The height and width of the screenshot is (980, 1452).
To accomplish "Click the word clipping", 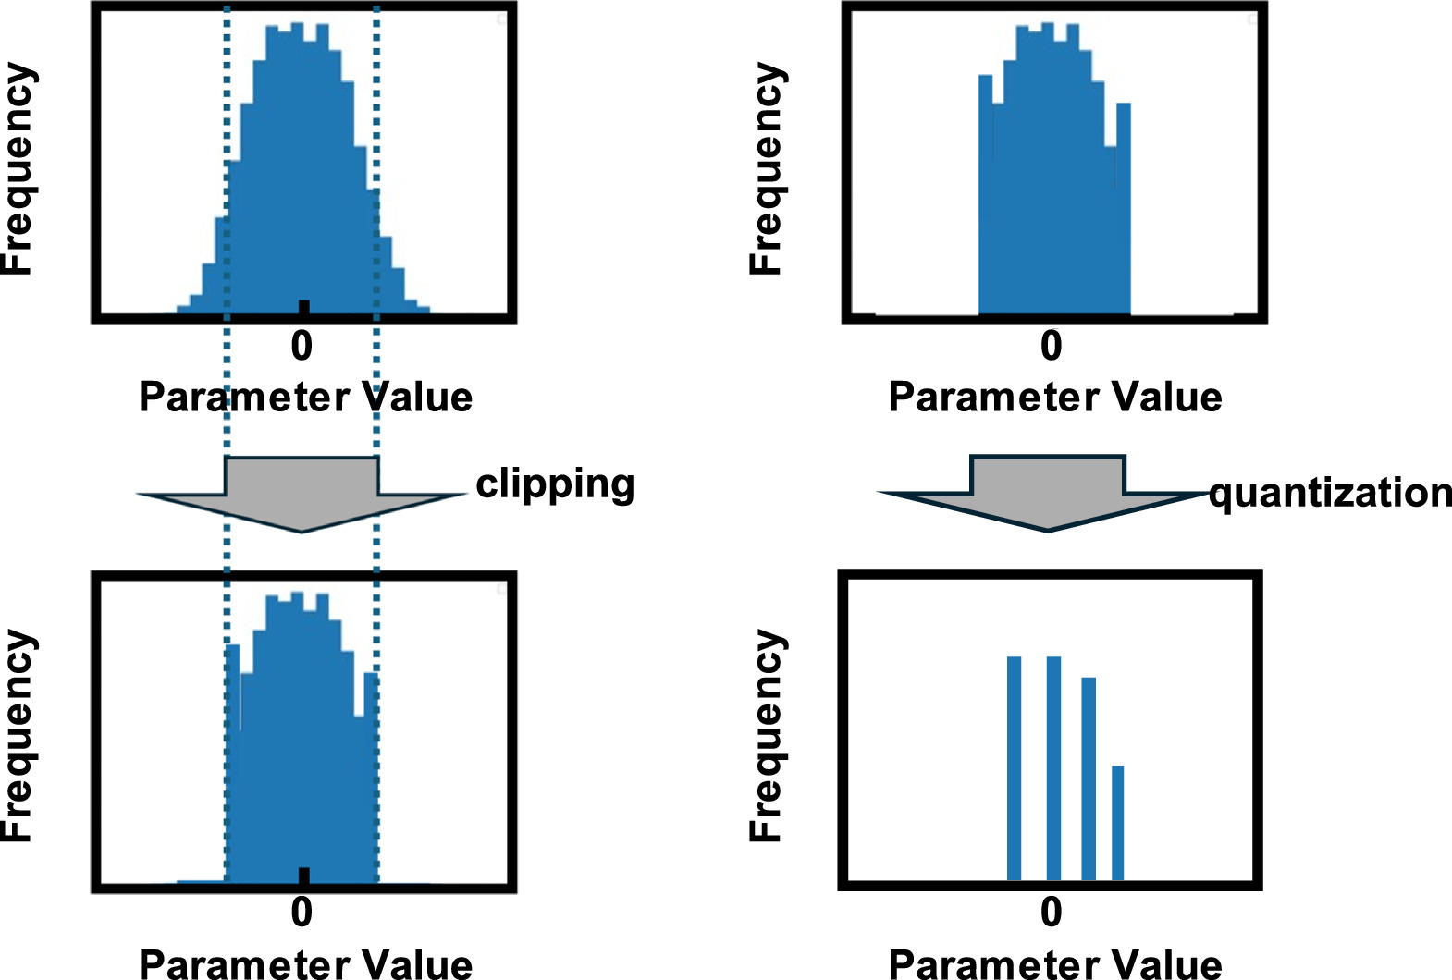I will click(x=555, y=484).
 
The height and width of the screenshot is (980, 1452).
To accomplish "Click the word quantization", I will click(x=1330, y=493).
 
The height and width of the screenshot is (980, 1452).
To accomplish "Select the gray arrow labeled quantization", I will click(x=1047, y=492).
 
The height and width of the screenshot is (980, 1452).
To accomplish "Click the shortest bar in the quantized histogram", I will click(x=1117, y=822).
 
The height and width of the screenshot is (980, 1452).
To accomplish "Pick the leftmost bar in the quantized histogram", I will click(x=1014, y=767).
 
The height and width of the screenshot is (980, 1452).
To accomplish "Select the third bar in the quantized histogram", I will click(x=1089, y=778).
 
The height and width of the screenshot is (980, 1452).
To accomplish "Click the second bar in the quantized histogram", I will click(x=1053, y=767).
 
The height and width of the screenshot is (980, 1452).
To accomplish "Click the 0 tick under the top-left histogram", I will click(x=301, y=347).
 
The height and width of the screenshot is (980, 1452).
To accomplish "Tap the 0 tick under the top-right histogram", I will click(x=1052, y=347).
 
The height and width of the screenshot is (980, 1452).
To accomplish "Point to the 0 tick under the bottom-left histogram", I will click(x=301, y=913).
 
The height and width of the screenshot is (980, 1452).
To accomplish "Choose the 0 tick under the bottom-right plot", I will click(x=1052, y=913).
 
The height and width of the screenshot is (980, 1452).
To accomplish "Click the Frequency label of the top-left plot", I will click(x=18, y=168).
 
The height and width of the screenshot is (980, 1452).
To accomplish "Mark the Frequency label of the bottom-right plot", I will click(x=767, y=735).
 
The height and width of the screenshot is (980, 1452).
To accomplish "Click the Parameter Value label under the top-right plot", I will click(x=1055, y=398).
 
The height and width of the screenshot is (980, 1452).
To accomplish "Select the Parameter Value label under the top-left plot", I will click(x=305, y=398).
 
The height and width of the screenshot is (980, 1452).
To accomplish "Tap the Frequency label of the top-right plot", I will click(x=767, y=168).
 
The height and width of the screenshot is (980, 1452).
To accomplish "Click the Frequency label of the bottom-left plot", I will click(x=18, y=735).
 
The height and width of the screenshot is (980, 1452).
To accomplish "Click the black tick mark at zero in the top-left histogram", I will click(x=303, y=307).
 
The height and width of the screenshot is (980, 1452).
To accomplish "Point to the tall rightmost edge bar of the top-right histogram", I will click(x=1123, y=208).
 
